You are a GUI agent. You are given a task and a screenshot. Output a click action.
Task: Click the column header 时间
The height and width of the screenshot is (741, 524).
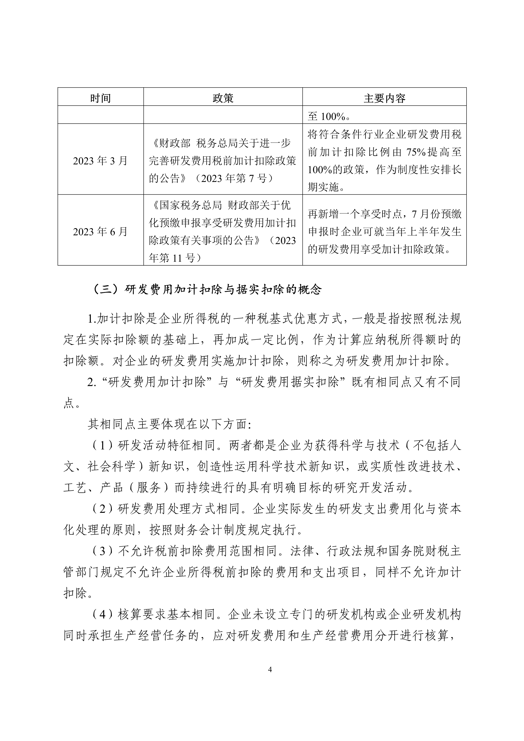[x=100, y=98]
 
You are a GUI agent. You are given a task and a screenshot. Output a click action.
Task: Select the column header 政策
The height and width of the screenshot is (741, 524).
[x=223, y=98]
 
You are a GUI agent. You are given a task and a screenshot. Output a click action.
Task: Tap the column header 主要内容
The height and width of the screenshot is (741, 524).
[x=384, y=98]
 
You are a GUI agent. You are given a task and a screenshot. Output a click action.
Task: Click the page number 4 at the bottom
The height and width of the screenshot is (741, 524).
[x=270, y=670]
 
